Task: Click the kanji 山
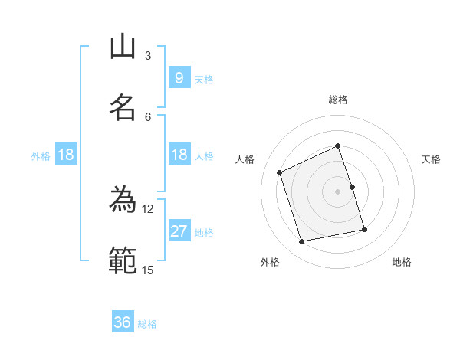click(123, 47)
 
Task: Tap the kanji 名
click(123, 107)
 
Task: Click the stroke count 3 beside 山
click(148, 55)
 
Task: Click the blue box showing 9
click(179, 77)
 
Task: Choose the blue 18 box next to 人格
click(179, 155)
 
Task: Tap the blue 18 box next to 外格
click(66, 155)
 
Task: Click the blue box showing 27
click(179, 231)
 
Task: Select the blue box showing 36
click(122, 322)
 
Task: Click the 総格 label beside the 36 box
click(147, 324)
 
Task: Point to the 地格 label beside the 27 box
click(204, 233)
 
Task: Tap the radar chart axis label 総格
click(338, 100)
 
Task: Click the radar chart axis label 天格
click(431, 159)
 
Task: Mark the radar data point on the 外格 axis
click(302, 242)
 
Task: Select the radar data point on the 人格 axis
click(280, 172)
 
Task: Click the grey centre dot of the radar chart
click(338, 191)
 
